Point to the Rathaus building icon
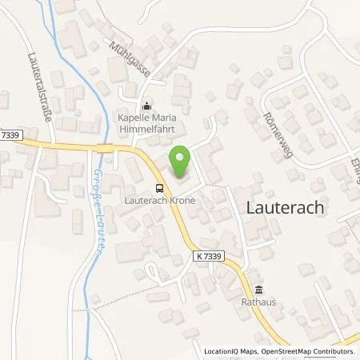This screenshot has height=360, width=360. pyautogui.click(x=258, y=291)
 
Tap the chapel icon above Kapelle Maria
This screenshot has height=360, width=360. pyautogui.click(x=146, y=106)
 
